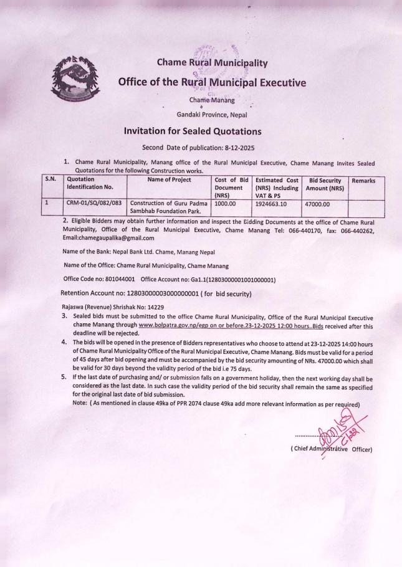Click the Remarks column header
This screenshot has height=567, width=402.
point(365,179)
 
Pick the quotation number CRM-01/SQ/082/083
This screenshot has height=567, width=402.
point(95,202)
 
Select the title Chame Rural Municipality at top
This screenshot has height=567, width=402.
point(212,62)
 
